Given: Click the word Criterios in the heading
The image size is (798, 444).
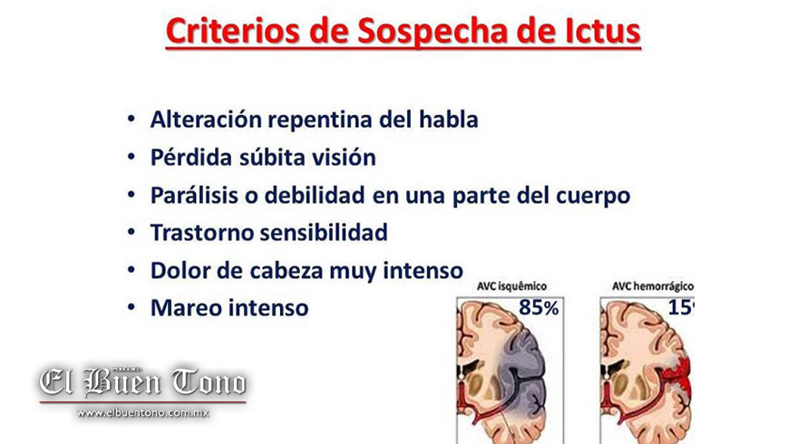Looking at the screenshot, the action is coord(233,32).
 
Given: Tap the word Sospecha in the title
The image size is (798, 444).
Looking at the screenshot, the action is coord(432,33).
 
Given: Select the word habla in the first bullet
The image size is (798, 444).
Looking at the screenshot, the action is coord(448,120).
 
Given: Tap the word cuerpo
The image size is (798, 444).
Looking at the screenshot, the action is coord(593,197).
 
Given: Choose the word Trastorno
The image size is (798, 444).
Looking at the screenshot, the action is coord(202,233).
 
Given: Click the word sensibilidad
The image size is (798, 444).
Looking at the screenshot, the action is coord(325,233).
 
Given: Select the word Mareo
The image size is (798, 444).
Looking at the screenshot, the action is coord(186,308).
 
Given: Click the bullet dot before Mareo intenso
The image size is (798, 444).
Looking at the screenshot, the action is coord(131,307).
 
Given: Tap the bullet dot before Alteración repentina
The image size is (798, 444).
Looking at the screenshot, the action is coord(131,119).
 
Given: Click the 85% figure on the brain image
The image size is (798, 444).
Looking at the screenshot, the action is coord(539,307).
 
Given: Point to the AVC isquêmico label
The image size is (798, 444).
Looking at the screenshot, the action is coord(511,286).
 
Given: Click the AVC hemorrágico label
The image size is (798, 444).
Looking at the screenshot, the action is coord(652,286).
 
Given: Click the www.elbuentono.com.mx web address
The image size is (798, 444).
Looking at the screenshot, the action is coord(143,413).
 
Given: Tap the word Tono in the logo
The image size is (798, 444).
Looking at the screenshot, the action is coord(209,382).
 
